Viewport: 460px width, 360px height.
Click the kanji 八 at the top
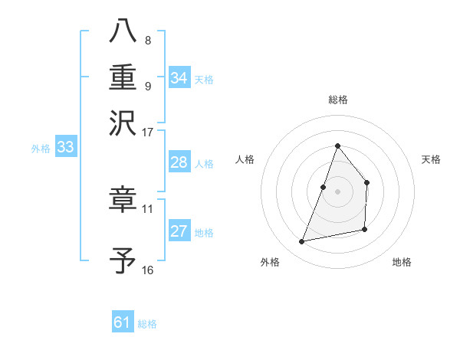(x=123, y=31)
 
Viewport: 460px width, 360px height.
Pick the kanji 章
(x=123, y=200)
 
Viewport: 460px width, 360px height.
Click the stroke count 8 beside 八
(x=147, y=40)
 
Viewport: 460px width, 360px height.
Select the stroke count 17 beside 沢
(x=148, y=132)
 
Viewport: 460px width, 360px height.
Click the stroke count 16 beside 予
(x=148, y=270)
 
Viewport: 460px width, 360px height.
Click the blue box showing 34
(x=179, y=78)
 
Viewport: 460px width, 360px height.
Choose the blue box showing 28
(x=179, y=162)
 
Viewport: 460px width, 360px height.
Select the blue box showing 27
(x=179, y=231)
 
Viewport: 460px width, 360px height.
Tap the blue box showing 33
(x=65, y=147)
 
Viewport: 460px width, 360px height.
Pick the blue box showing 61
(x=122, y=322)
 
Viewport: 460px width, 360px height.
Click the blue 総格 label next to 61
(x=147, y=324)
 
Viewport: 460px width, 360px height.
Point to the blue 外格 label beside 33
(x=41, y=149)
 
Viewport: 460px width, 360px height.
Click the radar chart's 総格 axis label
(x=337, y=100)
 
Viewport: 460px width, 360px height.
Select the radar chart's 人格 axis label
(x=245, y=159)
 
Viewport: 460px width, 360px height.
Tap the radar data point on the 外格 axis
(x=302, y=242)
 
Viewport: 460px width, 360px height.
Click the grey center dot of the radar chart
(x=337, y=191)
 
